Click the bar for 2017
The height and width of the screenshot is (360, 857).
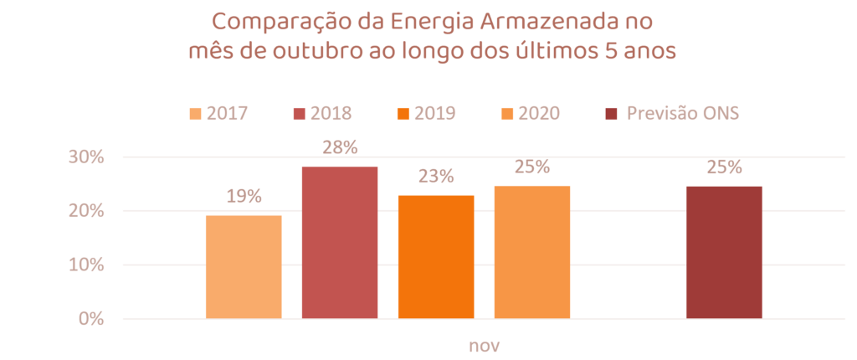(244, 266)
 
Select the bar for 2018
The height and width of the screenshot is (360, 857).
(340, 242)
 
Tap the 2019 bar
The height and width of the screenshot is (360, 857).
(436, 256)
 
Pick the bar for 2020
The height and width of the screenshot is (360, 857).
(532, 251)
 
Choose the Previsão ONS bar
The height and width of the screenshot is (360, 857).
(725, 252)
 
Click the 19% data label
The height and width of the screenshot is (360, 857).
(244, 197)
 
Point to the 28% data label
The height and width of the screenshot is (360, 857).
(340, 147)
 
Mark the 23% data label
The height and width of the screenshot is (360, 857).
(436, 176)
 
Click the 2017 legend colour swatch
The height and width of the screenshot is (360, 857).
(196, 114)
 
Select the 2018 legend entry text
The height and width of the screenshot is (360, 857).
(330, 114)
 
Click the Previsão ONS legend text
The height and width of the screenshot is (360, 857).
(683, 114)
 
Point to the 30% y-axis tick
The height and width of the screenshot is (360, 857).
(85, 157)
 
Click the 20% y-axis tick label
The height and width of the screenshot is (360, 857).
(85, 212)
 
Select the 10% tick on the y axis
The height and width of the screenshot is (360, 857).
(85, 265)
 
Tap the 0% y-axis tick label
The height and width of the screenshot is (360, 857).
(90, 319)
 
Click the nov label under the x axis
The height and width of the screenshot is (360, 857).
(484, 345)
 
